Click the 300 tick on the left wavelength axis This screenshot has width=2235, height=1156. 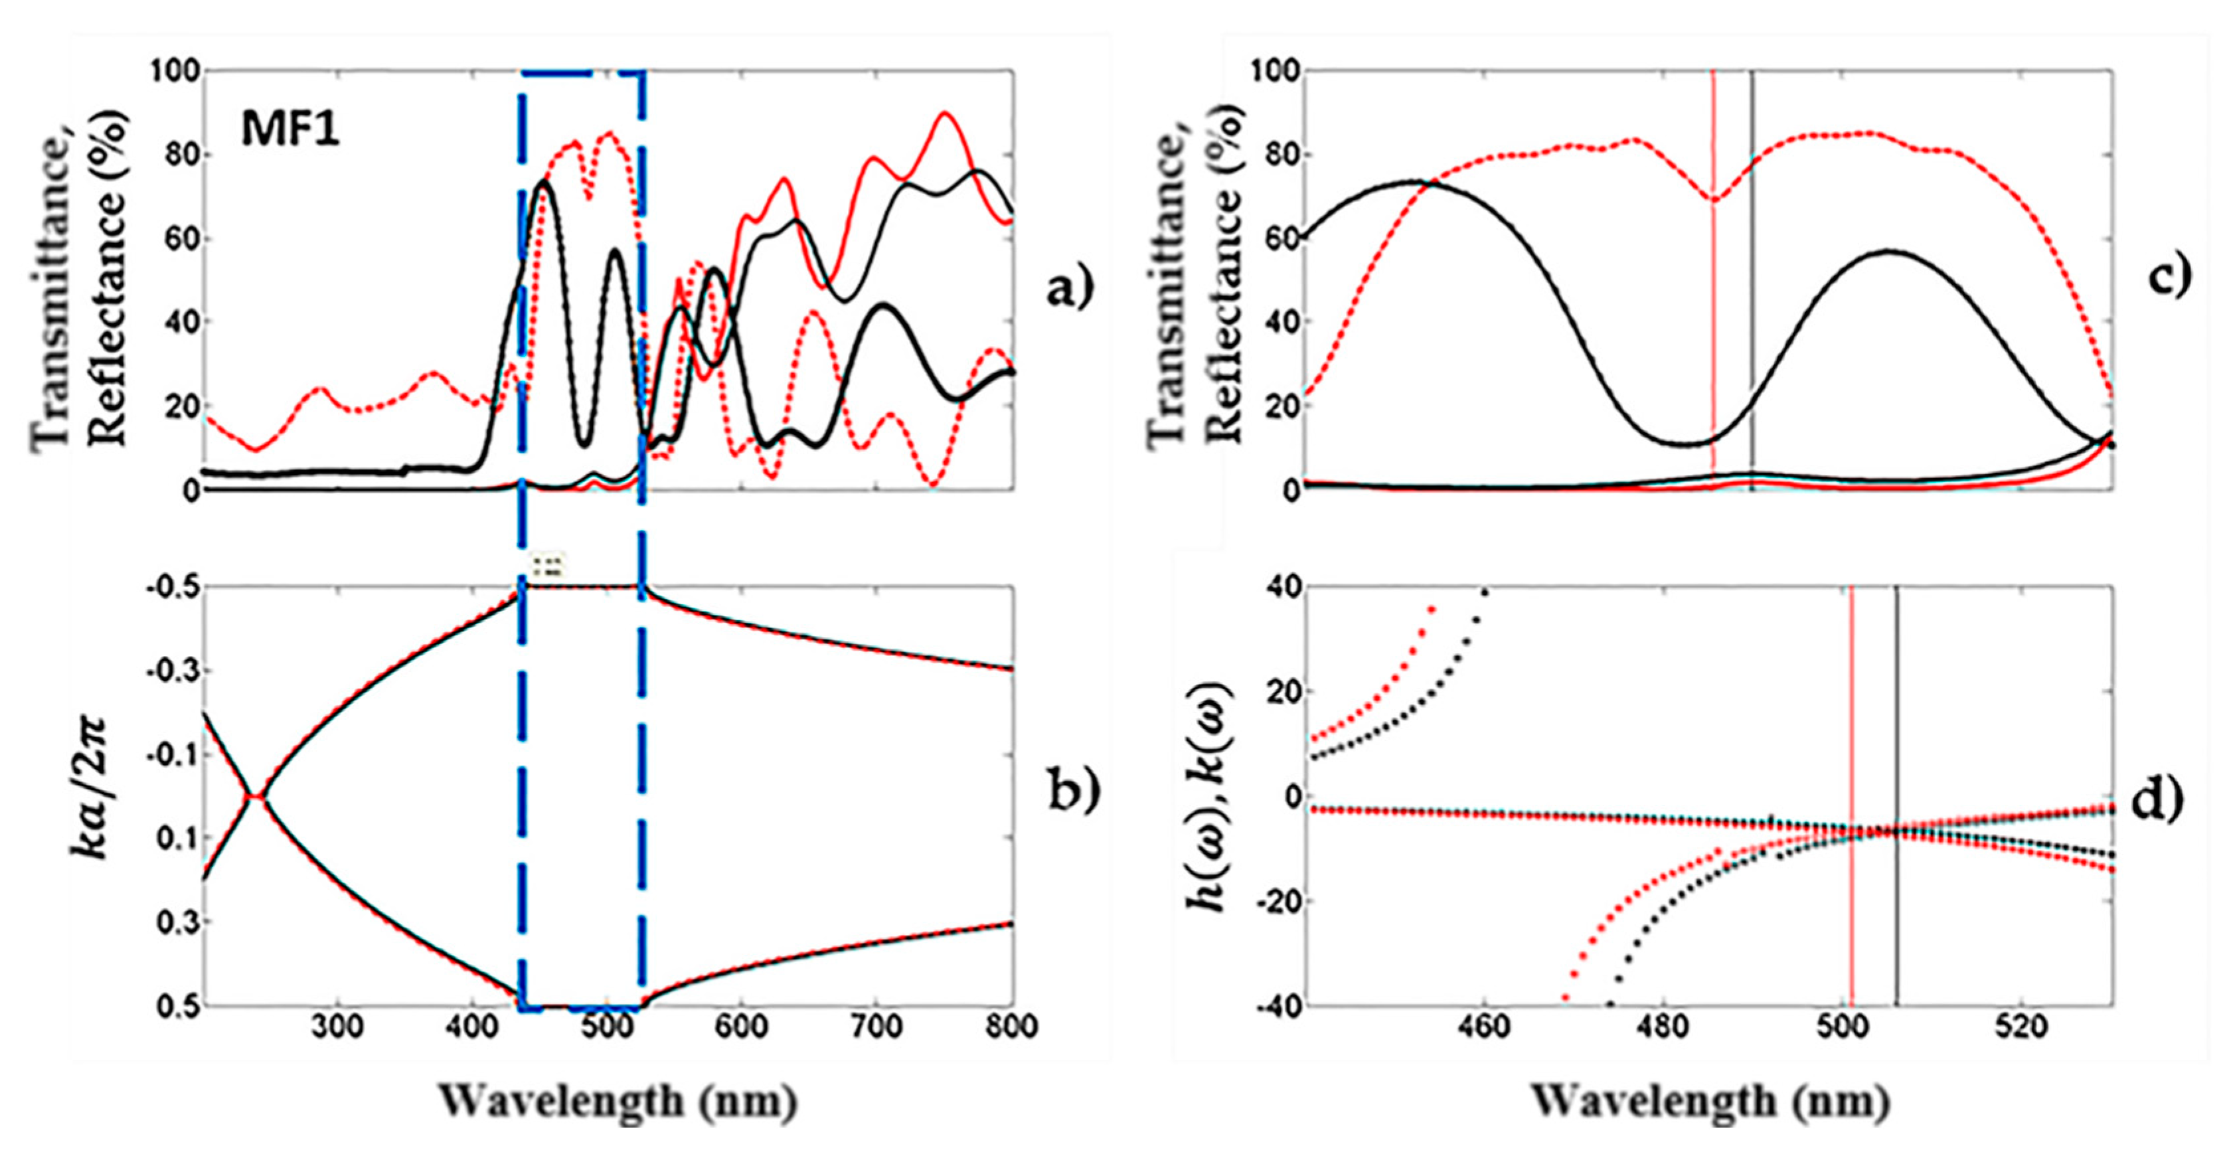pyautogui.click(x=336, y=1027)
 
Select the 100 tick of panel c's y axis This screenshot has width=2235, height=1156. pyautogui.click(x=1274, y=71)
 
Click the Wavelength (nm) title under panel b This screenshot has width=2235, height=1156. pyautogui.click(x=619, y=1100)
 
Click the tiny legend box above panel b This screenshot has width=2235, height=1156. pyautogui.click(x=548, y=566)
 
